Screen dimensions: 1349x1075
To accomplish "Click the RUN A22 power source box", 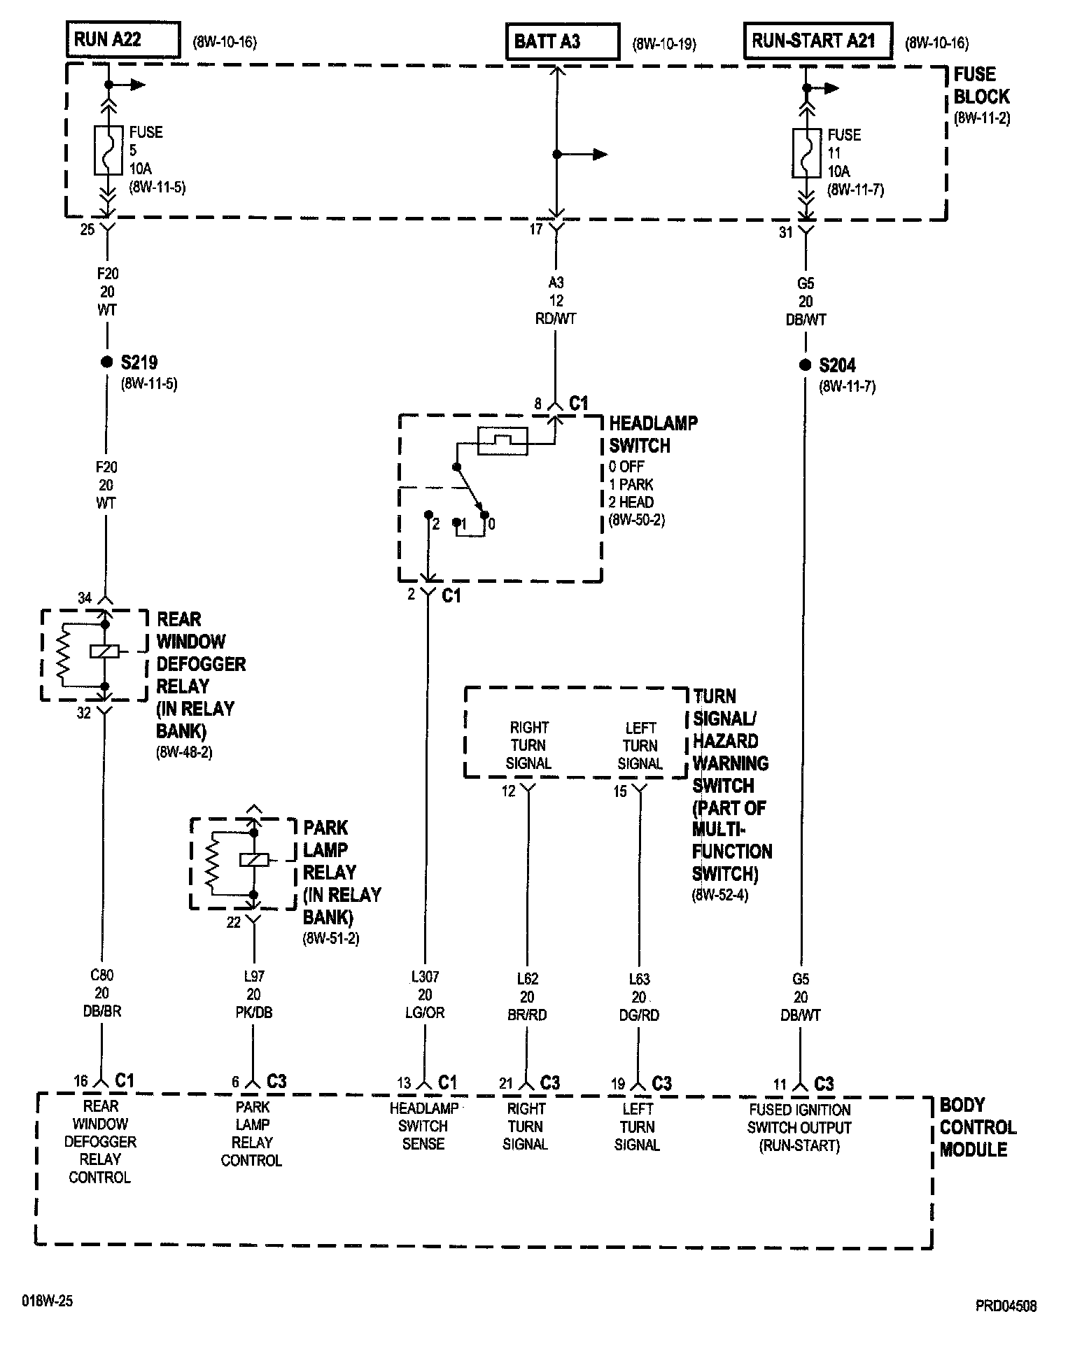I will (123, 41).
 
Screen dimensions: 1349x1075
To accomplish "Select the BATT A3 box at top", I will (563, 42).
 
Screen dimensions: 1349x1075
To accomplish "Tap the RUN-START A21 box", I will (817, 41).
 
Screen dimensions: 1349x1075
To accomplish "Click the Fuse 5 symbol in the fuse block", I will (108, 150).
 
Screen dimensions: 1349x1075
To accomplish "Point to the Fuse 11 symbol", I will (807, 153).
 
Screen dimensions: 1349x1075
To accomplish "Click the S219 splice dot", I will (106, 362).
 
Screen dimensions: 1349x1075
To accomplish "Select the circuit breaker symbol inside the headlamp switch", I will (503, 439).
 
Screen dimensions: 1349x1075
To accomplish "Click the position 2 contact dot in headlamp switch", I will (428, 514).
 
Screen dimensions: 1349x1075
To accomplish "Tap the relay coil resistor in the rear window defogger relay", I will (62, 654).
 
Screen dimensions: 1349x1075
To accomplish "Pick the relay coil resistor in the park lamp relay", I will (212, 862).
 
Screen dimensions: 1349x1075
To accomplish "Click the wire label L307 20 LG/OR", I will (425, 994).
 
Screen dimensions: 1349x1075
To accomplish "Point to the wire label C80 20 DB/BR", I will (102, 993).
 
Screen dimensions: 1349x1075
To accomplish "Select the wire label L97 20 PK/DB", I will (253, 994).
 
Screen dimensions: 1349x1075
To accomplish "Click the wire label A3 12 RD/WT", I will (556, 301).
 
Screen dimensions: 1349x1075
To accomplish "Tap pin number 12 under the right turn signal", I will (508, 791).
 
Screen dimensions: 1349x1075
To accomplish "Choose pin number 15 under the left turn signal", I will (620, 792).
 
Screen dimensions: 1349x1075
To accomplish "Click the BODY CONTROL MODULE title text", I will (976, 1127).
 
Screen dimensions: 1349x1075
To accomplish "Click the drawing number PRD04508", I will (1006, 1306).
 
